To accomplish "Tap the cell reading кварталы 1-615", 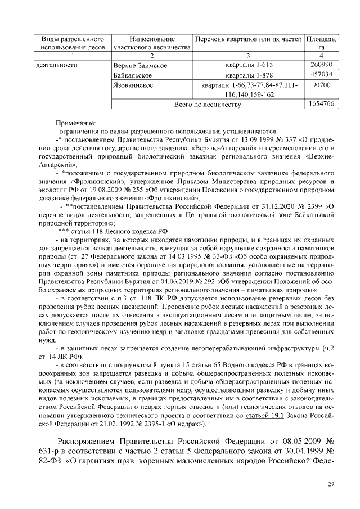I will [247, 65].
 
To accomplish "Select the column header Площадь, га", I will [321, 44].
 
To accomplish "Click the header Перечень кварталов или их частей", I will [247, 40].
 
